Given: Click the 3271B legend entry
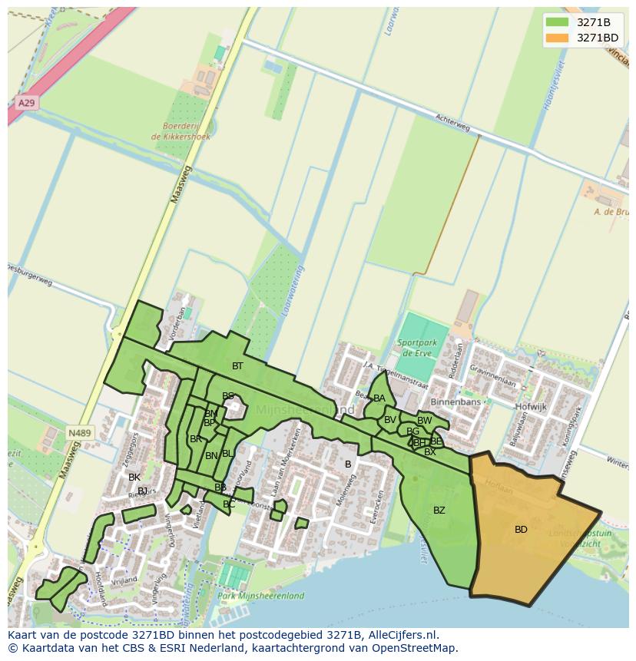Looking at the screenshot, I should point(593,22).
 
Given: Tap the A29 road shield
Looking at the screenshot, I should point(25,103).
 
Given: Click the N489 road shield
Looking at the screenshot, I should point(79,433).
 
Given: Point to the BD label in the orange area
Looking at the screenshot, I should point(521,530).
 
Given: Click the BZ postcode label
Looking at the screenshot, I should point(439,511).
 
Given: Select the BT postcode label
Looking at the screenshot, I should point(237,366).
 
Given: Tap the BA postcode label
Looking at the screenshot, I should point(379,398).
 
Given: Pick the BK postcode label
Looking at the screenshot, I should point(134,478).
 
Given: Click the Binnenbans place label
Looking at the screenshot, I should point(455,402).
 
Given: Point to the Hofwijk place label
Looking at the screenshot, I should point(531,407).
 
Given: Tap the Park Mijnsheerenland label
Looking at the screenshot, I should point(260,596).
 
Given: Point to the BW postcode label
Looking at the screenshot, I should point(424,421).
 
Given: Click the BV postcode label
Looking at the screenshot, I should point(389,420).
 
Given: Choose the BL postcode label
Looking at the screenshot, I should point(227,454).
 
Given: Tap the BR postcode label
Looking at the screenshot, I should point(195,439).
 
